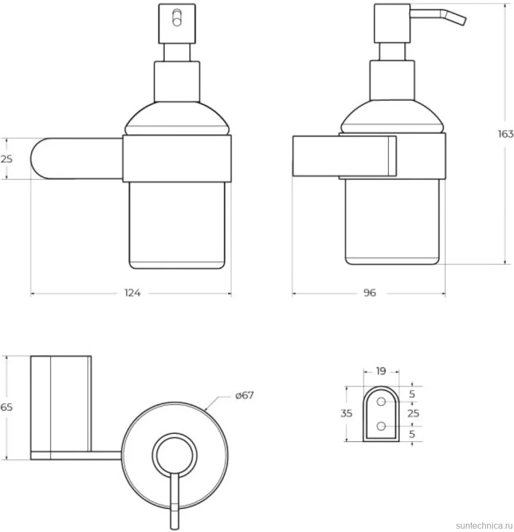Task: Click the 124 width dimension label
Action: pos(132,293)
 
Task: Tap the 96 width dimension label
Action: pos(369,293)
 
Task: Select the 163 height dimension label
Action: pos(506,134)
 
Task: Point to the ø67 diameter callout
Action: pos(244,395)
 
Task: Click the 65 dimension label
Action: pos(6,407)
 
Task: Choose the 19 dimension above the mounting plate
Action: pos(381,371)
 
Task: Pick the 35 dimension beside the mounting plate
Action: pos(346,413)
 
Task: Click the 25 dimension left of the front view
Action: pos(6,159)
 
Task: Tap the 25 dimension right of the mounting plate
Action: pos(413,413)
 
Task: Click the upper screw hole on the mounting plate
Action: pos(381,401)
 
